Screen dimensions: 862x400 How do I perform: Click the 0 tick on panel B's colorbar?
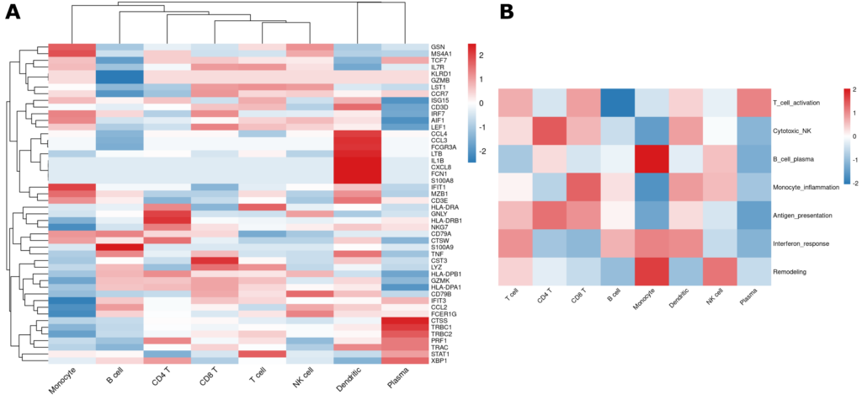tap(854, 135)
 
